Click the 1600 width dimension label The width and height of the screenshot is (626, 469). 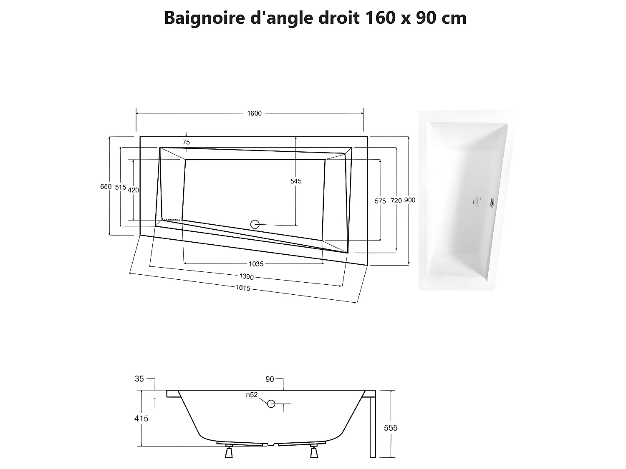pyautogui.click(x=254, y=113)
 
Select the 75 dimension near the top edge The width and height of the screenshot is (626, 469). pyautogui.click(x=186, y=142)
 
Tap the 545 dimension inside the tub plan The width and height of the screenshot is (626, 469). pyautogui.click(x=296, y=181)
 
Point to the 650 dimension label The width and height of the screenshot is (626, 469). pyautogui.click(x=106, y=187)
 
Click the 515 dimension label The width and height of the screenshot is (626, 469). pyautogui.click(x=121, y=188)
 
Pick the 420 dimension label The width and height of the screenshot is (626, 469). pyautogui.click(x=133, y=190)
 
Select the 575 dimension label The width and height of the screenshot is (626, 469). pyautogui.click(x=380, y=201)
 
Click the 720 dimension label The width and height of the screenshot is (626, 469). pyautogui.click(x=396, y=201)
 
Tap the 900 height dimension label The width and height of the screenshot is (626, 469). pyautogui.click(x=410, y=200)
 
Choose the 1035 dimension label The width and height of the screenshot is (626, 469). pyautogui.click(x=256, y=264)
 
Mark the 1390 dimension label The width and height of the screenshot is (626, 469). pyautogui.click(x=246, y=277)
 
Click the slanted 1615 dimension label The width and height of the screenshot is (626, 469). pyautogui.click(x=243, y=288)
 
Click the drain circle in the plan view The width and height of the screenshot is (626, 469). pyautogui.click(x=255, y=224)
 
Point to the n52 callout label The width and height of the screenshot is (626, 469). pyautogui.click(x=252, y=395)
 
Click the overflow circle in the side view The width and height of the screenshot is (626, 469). pyautogui.click(x=271, y=404)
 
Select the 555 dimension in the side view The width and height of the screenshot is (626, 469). pyautogui.click(x=391, y=428)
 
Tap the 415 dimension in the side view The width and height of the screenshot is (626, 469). pyautogui.click(x=141, y=419)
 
